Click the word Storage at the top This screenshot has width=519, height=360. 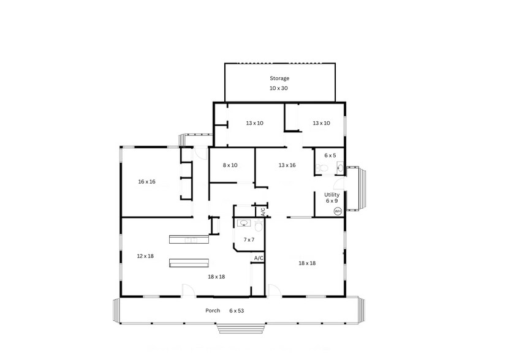pos(279,78)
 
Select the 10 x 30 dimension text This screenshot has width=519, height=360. pos(279,89)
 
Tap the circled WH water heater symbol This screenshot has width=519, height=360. pos(338,211)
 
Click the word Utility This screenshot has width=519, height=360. pos(331,195)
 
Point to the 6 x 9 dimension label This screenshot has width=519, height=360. pos(331,201)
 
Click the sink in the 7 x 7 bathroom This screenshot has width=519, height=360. pos(244,223)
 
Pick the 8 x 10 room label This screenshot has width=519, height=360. pos(230,165)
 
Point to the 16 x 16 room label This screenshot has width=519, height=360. pos(146,182)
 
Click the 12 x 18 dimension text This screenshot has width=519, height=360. pos(145,256)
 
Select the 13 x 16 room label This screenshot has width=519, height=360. pos(287,165)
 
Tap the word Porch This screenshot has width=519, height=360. pos(213,310)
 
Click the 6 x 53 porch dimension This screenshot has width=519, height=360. pos(237,310)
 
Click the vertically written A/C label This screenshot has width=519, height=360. pos(263,212)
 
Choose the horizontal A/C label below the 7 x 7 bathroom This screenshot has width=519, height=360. pos(259,258)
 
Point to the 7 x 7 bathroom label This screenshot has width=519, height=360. pos(249,239)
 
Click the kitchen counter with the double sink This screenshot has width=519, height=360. pos(189,240)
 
